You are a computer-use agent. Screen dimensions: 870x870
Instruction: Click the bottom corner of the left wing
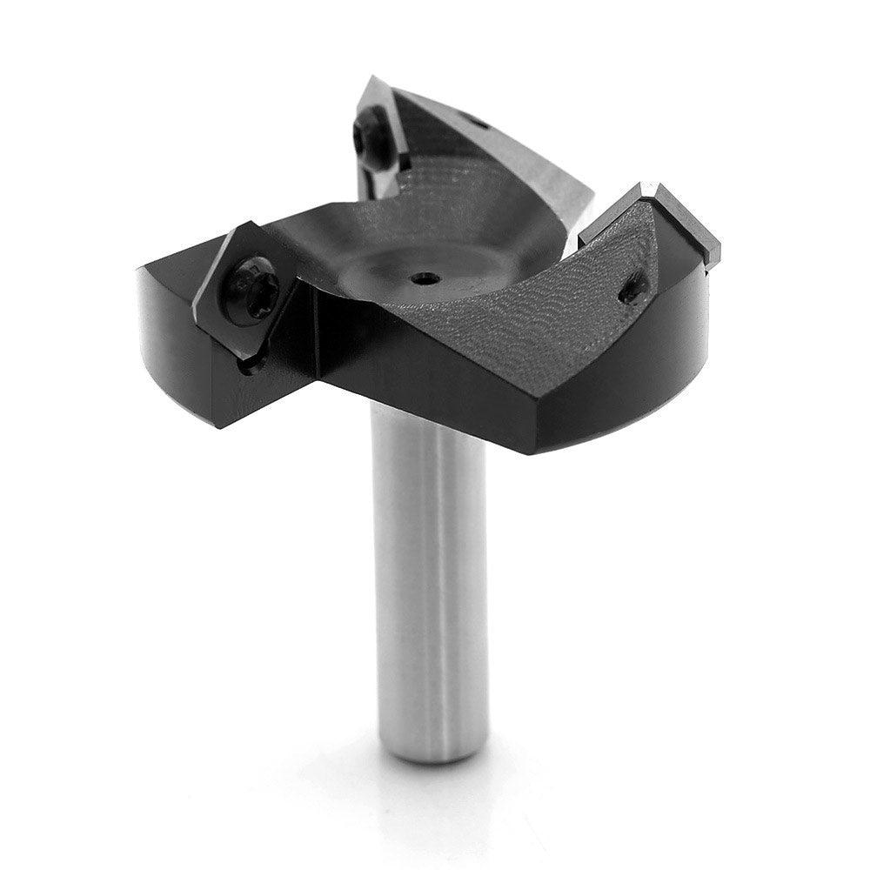216,424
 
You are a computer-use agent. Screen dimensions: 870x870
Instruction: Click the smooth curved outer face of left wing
174,348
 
